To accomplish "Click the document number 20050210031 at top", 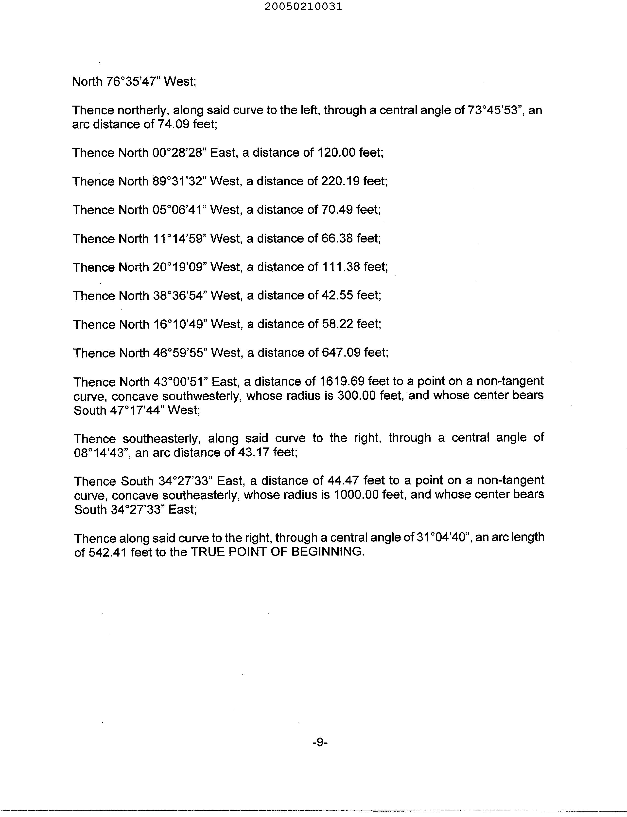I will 303,7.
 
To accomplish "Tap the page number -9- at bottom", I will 320,742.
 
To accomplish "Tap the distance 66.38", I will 337,238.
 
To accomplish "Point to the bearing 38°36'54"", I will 180,296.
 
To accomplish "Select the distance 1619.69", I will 342,381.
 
